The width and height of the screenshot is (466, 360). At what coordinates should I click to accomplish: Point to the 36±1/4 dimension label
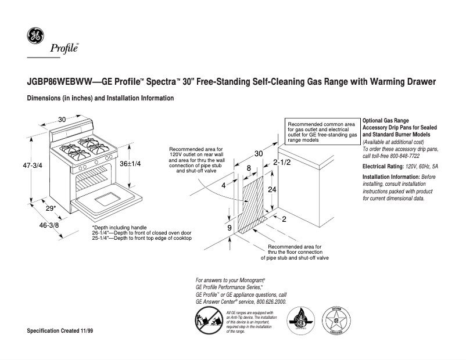coord(130,164)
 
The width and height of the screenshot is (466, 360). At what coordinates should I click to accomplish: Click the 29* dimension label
coord(51,208)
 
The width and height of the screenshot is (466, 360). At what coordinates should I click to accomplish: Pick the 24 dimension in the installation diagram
coord(273,190)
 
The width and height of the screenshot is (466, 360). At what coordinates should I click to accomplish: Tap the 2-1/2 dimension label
coord(282,164)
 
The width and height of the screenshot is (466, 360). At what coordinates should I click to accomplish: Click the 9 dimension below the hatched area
coord(230,229)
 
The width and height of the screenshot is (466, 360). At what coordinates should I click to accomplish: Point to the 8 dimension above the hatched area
coord(249,168)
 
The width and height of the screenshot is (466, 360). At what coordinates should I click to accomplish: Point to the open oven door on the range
coord(105,201)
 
